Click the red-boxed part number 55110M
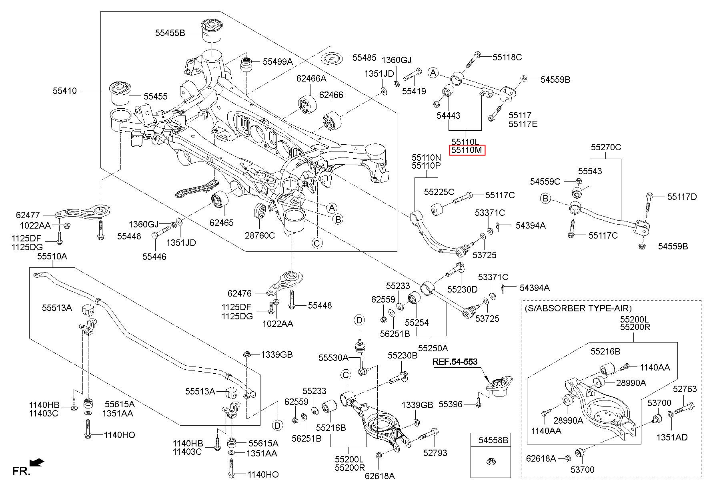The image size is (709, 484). pos(467,150)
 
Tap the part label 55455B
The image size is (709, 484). pos(170,33)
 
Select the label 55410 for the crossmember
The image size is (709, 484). pos(64,91)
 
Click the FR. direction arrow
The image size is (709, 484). pos(37,463)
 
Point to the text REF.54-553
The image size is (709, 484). pos(455,362)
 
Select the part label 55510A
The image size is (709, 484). pos(52,256)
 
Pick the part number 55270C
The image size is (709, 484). pos(606,147)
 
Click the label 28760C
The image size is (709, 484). pos(260,235)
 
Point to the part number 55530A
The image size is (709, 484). pos(333,358)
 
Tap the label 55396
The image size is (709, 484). pos(451,404)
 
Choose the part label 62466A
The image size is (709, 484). pos(311,79)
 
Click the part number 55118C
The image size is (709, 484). pos(507,57)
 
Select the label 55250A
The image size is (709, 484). pos(433,348)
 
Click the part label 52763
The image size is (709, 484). pos(685,389)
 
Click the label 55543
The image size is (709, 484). pos(590,171)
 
